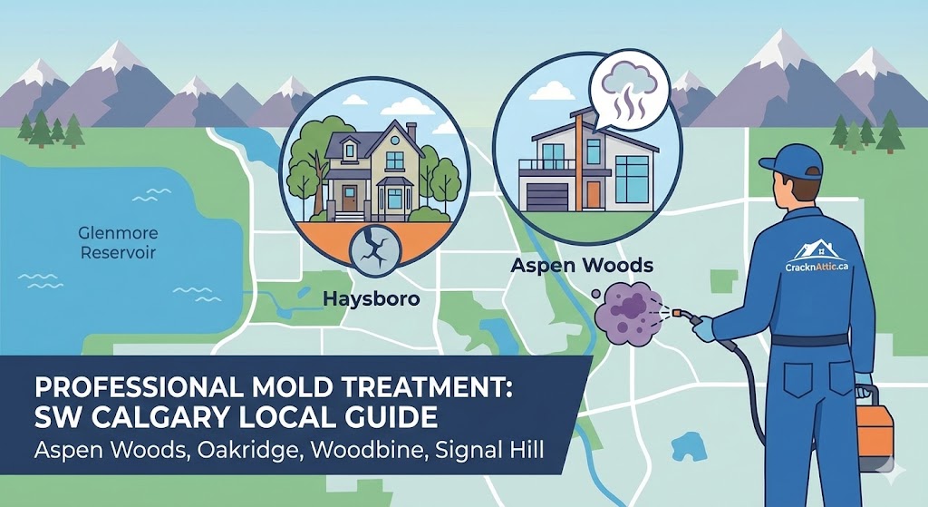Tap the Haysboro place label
pos(372,297)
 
